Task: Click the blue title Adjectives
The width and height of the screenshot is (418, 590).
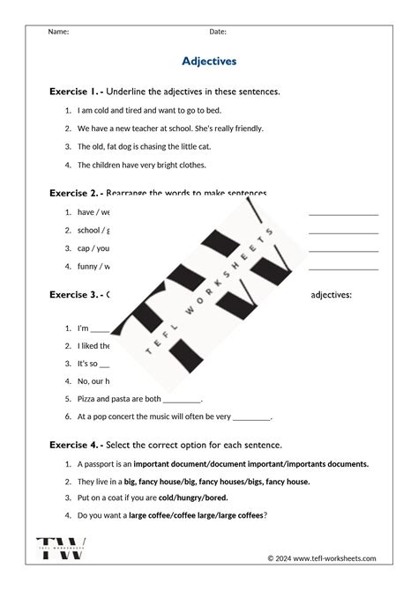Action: [209, 62]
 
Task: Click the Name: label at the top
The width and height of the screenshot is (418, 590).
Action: [58, 32]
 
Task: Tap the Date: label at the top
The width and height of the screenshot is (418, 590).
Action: [218, 32]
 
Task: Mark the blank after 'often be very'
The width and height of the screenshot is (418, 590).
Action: [251, 417]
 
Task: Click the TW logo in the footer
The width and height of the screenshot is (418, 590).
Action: [61, 547]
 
